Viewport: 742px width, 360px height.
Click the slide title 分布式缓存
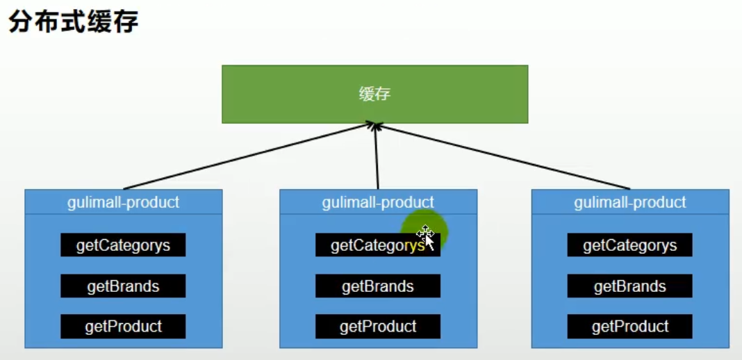tap(74, 22)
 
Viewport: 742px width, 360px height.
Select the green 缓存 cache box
tap(374, 94)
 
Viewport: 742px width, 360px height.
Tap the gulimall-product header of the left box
tap(123, 202)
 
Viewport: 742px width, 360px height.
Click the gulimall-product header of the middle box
tap(378, 202)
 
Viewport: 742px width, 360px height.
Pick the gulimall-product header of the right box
tap(630, 202)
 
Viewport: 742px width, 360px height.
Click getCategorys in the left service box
tap(123, 245)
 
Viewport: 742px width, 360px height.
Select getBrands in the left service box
tap(123, 286)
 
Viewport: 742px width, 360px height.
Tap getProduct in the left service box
tap(123, 327)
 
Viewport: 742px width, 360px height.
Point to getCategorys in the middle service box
tap(378, 245)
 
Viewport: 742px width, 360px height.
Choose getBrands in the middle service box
tap(378, 286)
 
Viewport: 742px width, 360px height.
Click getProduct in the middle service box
tap(378, 327)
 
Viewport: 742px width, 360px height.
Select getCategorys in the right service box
tap(630, 245)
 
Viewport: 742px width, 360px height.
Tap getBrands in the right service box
tap(630, 286)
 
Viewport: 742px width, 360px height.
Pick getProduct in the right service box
tap(630, 327)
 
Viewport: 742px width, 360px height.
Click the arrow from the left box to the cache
tap(249, 156)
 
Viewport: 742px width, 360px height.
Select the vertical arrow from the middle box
tap(377, 156)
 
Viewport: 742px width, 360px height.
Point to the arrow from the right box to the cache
tap(504, 156)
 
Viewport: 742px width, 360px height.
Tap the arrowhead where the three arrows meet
tap(376, 125)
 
